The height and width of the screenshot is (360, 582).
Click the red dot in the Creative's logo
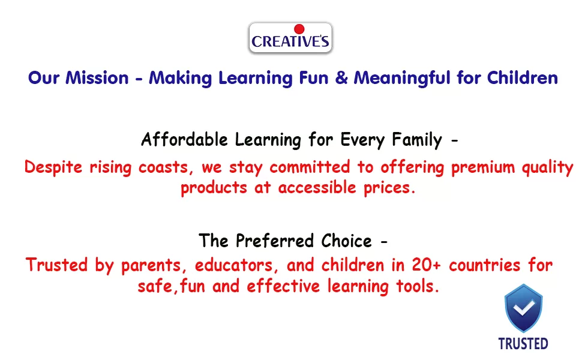[x=299, y=29]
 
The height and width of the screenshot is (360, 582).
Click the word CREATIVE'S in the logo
[x=290, y=41]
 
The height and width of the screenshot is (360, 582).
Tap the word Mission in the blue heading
[x=97, y=78]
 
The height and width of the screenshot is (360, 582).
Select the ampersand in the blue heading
[x=341, y=78]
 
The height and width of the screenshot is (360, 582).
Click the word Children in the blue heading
[x=522, y=78]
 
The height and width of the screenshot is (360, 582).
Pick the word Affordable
[x=184, y=140]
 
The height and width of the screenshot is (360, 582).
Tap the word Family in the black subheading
[x=417, y=140]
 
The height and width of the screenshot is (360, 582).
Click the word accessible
[x=317, y=187]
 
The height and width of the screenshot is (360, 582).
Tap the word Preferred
[x=275, y=241]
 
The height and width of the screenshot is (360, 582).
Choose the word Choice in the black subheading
[x=346, y=241]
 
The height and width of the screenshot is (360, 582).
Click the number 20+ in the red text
[x=426, y=265]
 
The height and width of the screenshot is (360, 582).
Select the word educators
[x=234, y=266]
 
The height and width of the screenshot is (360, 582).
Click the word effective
[x=283, y=286]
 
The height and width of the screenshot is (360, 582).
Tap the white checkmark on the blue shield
[x=523, y=308]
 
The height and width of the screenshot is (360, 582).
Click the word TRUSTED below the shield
[x=523, y=344]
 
